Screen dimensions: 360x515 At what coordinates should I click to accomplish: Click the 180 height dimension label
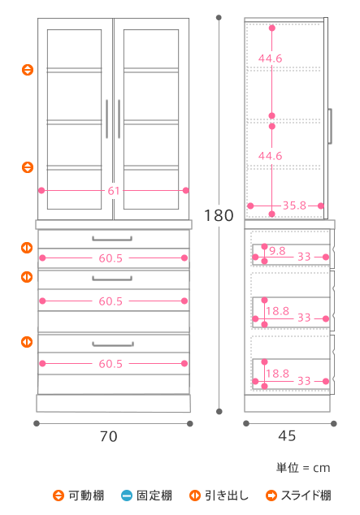point(219,216)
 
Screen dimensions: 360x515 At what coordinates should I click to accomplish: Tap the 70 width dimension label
point(109,436)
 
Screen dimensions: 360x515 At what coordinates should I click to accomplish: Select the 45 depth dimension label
point(287,436)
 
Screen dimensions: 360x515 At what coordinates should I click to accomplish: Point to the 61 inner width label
point(114,191)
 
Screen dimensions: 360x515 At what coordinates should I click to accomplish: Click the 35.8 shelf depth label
point(294,206)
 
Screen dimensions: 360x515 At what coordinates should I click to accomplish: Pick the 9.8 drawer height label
point(277,251)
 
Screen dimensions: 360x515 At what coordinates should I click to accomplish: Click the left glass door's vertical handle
point(107,119)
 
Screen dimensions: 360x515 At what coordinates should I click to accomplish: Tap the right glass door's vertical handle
point(119,119)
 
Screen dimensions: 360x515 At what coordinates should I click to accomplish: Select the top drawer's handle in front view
point(112,239)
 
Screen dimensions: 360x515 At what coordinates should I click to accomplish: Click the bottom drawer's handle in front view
point(113,344)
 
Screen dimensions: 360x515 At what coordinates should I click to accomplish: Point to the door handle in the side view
point(330,126)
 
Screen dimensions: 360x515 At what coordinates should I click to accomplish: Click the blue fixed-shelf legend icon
point(127,496)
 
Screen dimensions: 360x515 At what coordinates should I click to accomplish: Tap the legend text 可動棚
point(86,496)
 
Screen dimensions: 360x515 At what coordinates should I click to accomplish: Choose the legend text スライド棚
point(306,496)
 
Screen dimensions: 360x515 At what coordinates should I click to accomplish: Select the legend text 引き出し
point(227,496)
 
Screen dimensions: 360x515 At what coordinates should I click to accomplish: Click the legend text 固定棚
point(154,496)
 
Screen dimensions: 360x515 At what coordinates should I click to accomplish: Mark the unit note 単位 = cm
point(303,468)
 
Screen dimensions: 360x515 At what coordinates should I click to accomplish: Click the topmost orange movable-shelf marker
point(28,70)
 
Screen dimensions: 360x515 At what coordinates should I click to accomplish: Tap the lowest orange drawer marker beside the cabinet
point(27,342)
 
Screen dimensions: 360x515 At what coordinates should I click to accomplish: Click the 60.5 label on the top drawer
point(111,258)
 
